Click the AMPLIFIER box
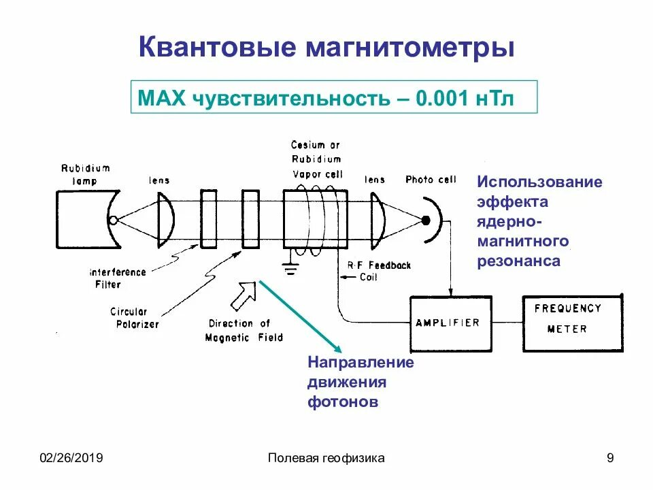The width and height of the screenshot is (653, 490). pyautogui.click(x=448, y=323)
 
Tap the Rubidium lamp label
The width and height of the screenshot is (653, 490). pyautogui.click(x=84, y=175)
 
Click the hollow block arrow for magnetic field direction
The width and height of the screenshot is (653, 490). pyautogui.click(x=244, y=295)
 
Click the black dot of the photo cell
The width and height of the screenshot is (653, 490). pyautogui.click(x=425, y=220)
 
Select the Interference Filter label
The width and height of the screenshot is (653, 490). pyautogui.click(x=118, y=278)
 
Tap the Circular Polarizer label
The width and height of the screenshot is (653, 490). pyautogui.click(x=134, y=318)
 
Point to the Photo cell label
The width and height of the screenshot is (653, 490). pyautogui.click(x=431, y=180)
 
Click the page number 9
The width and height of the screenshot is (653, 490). pyautogui.click(x=609, y=458)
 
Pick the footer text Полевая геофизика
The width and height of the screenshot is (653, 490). pyautogui.click(x=326, y=458)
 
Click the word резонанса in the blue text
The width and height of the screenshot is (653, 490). pyautogui.click(x=518, y=261)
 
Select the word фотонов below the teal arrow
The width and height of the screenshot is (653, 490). pyautogui.click(x=342, y=402)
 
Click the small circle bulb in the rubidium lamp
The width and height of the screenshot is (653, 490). pyautogui.click(x=113, y=220)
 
